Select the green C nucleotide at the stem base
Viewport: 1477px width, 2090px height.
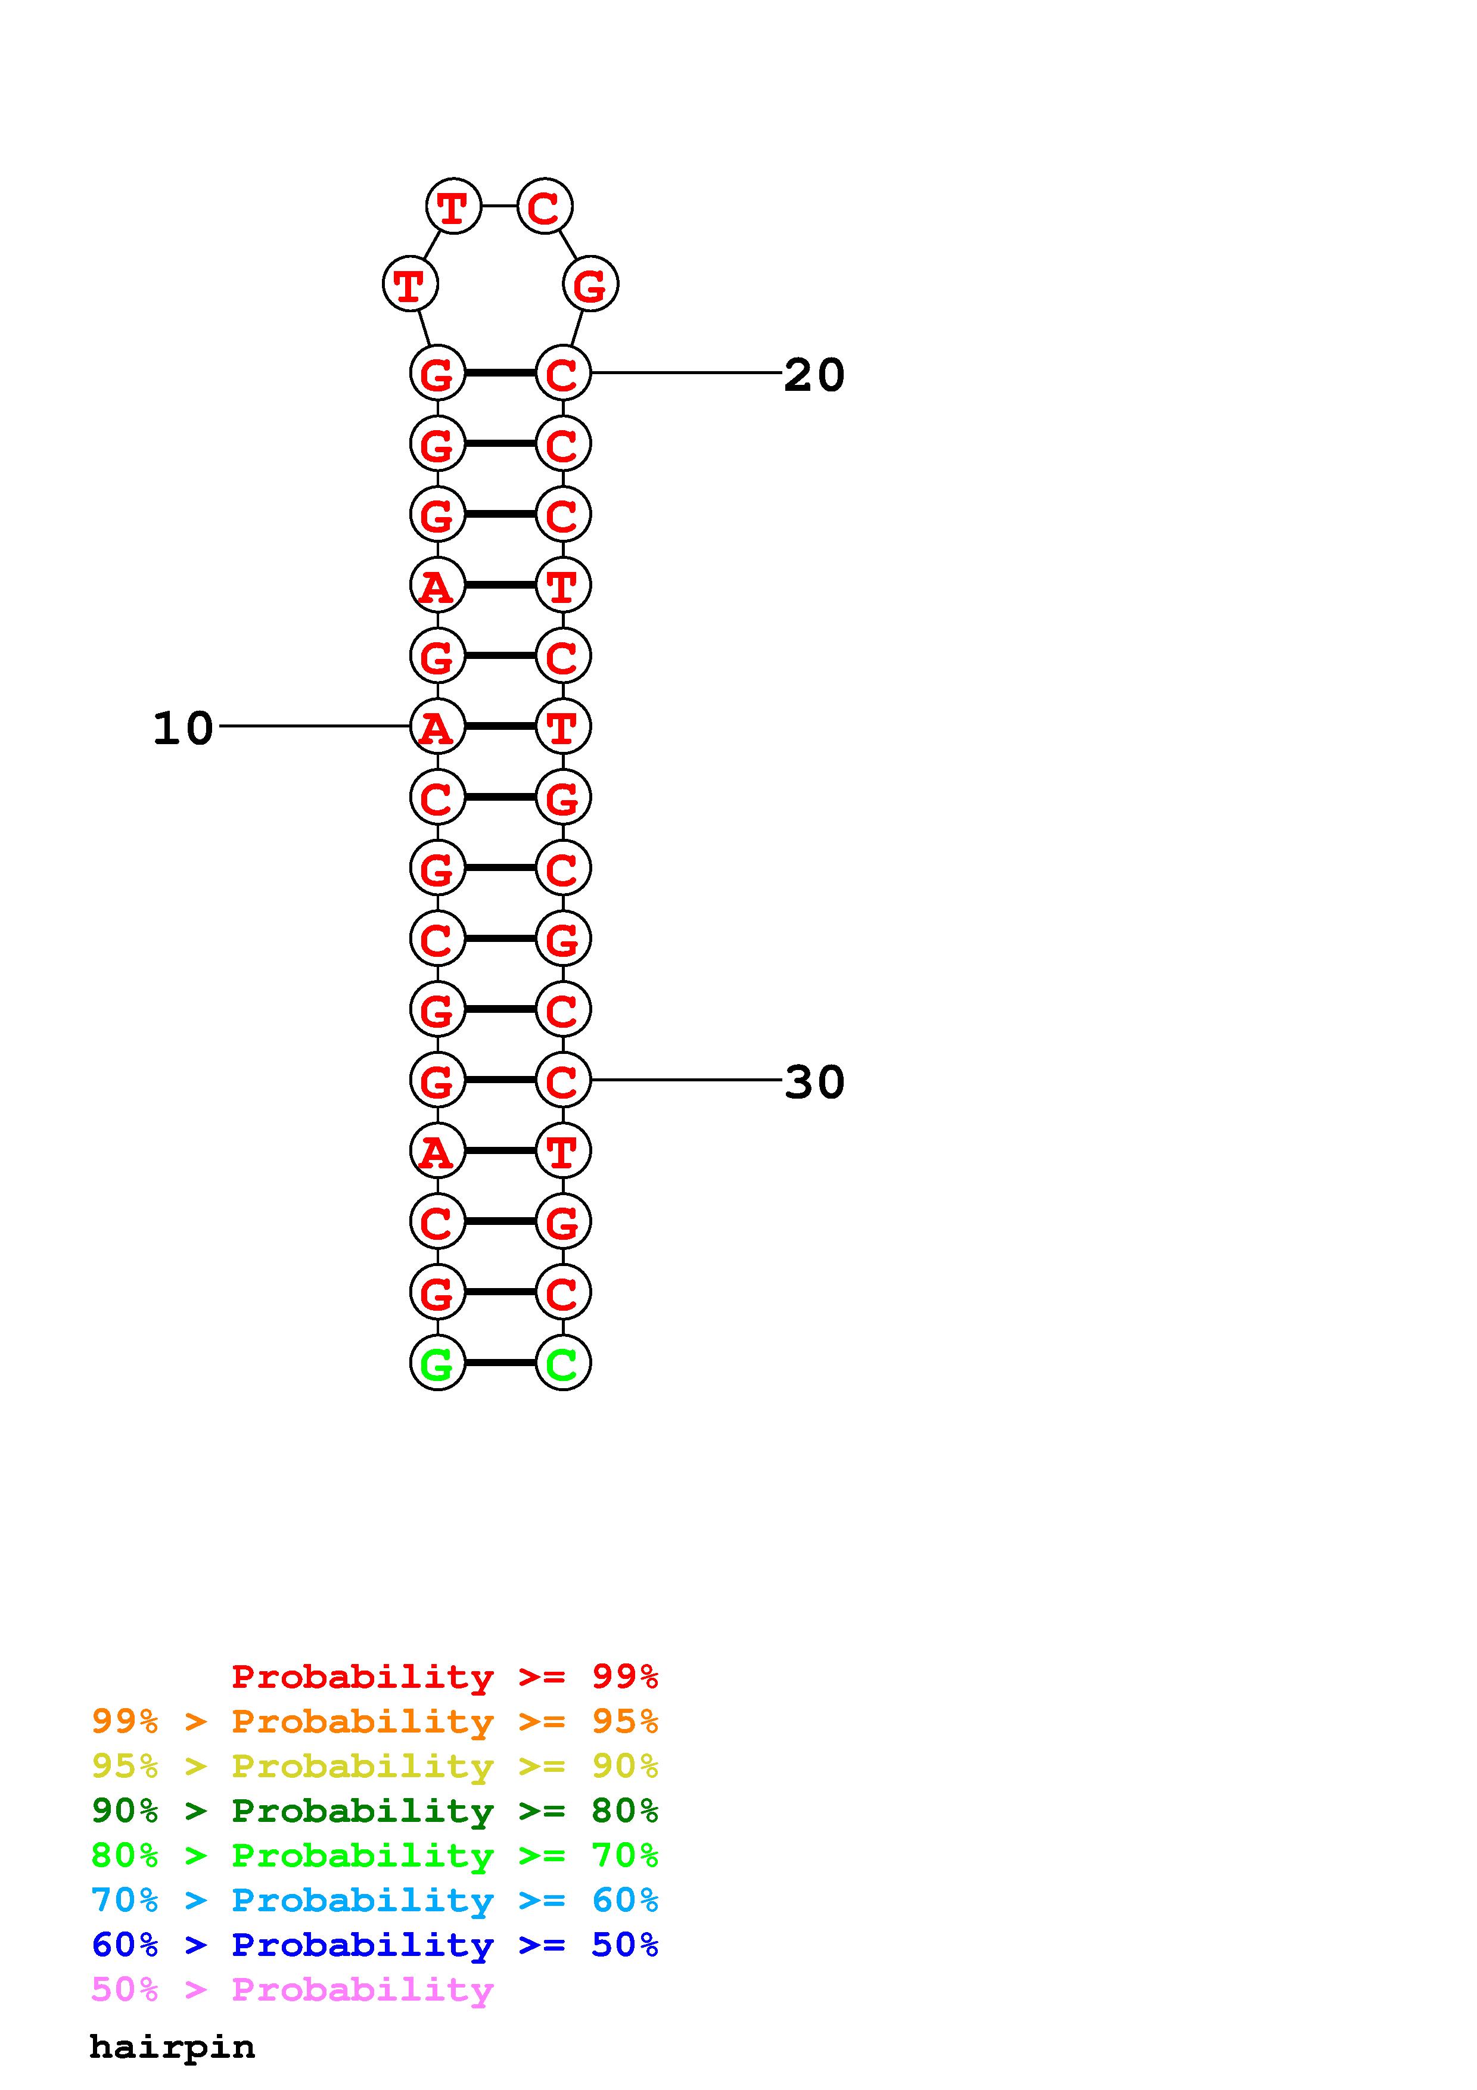tap(562, 1363)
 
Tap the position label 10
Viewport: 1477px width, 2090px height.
tap(183, 728)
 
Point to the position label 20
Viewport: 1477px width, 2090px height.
tap(814, 374)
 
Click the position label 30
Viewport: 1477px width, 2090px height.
tap(814, 1081)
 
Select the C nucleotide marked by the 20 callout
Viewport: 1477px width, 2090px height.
tap(562, 373)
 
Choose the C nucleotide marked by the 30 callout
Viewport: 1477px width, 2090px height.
tap(562, 1080)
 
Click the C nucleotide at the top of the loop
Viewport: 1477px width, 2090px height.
tap(544, 207)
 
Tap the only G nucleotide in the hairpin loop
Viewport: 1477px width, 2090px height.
tap(590, 284)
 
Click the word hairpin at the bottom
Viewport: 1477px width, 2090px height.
tap(172, 2047)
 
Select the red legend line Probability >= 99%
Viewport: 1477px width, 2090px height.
tap(444, 1676)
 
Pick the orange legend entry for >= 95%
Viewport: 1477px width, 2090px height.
tap(374, 1721)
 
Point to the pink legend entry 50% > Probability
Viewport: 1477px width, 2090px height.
tap(292, 1989)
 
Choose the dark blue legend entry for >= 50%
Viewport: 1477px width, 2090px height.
tap(374, 1945)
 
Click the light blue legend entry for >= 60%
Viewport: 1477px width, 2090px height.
tap(374, 1900)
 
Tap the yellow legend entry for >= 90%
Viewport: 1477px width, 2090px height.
tap(374, 1766)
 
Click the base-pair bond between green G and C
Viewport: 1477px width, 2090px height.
tap(500, 1363)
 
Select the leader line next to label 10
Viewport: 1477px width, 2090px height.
tap(314, 726)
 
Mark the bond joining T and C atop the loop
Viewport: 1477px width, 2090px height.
tap(499, 206)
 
